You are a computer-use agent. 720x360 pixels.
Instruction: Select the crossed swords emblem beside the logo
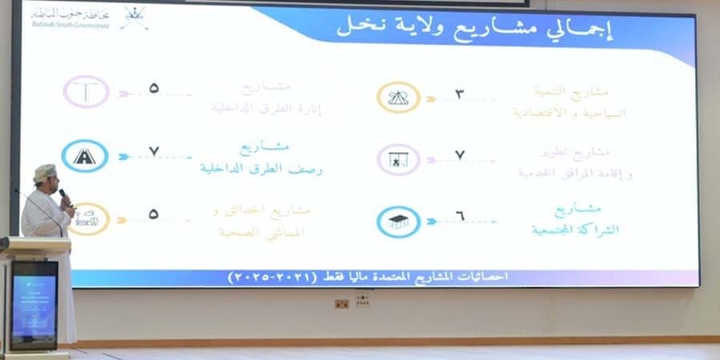pyautogui.click(x=134, y=17)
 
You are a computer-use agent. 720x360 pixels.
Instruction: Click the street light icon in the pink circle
pyautogui.click(x=86, y=92)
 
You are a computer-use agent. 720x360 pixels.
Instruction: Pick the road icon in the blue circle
pyautogui.click(x=86, y=157)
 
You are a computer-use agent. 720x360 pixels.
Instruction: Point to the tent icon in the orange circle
pyautogui.click(x=398, y=98)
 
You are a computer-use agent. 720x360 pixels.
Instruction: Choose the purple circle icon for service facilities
pyautogui.click(x=398, y=160)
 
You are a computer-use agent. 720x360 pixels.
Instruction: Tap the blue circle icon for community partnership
pyautogui.click(x=398, y=222)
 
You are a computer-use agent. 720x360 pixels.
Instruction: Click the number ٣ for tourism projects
pyautogui.click(x=459, y=94)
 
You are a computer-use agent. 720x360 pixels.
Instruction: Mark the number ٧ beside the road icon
pyautogui.click(x=154, y=152)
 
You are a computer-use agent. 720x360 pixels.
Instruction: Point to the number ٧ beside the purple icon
pyautogui.click(x=459, y=154)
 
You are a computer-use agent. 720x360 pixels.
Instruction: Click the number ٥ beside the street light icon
pyautogui.click(x=154, y=88)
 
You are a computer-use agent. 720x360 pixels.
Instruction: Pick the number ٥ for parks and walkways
pyautogui.click(x=154, y=214)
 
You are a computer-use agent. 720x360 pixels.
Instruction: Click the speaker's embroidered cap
pyautogui.click(x=46, y=172)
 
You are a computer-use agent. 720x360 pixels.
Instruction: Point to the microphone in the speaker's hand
pyautogui.click(x=63, y=194)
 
